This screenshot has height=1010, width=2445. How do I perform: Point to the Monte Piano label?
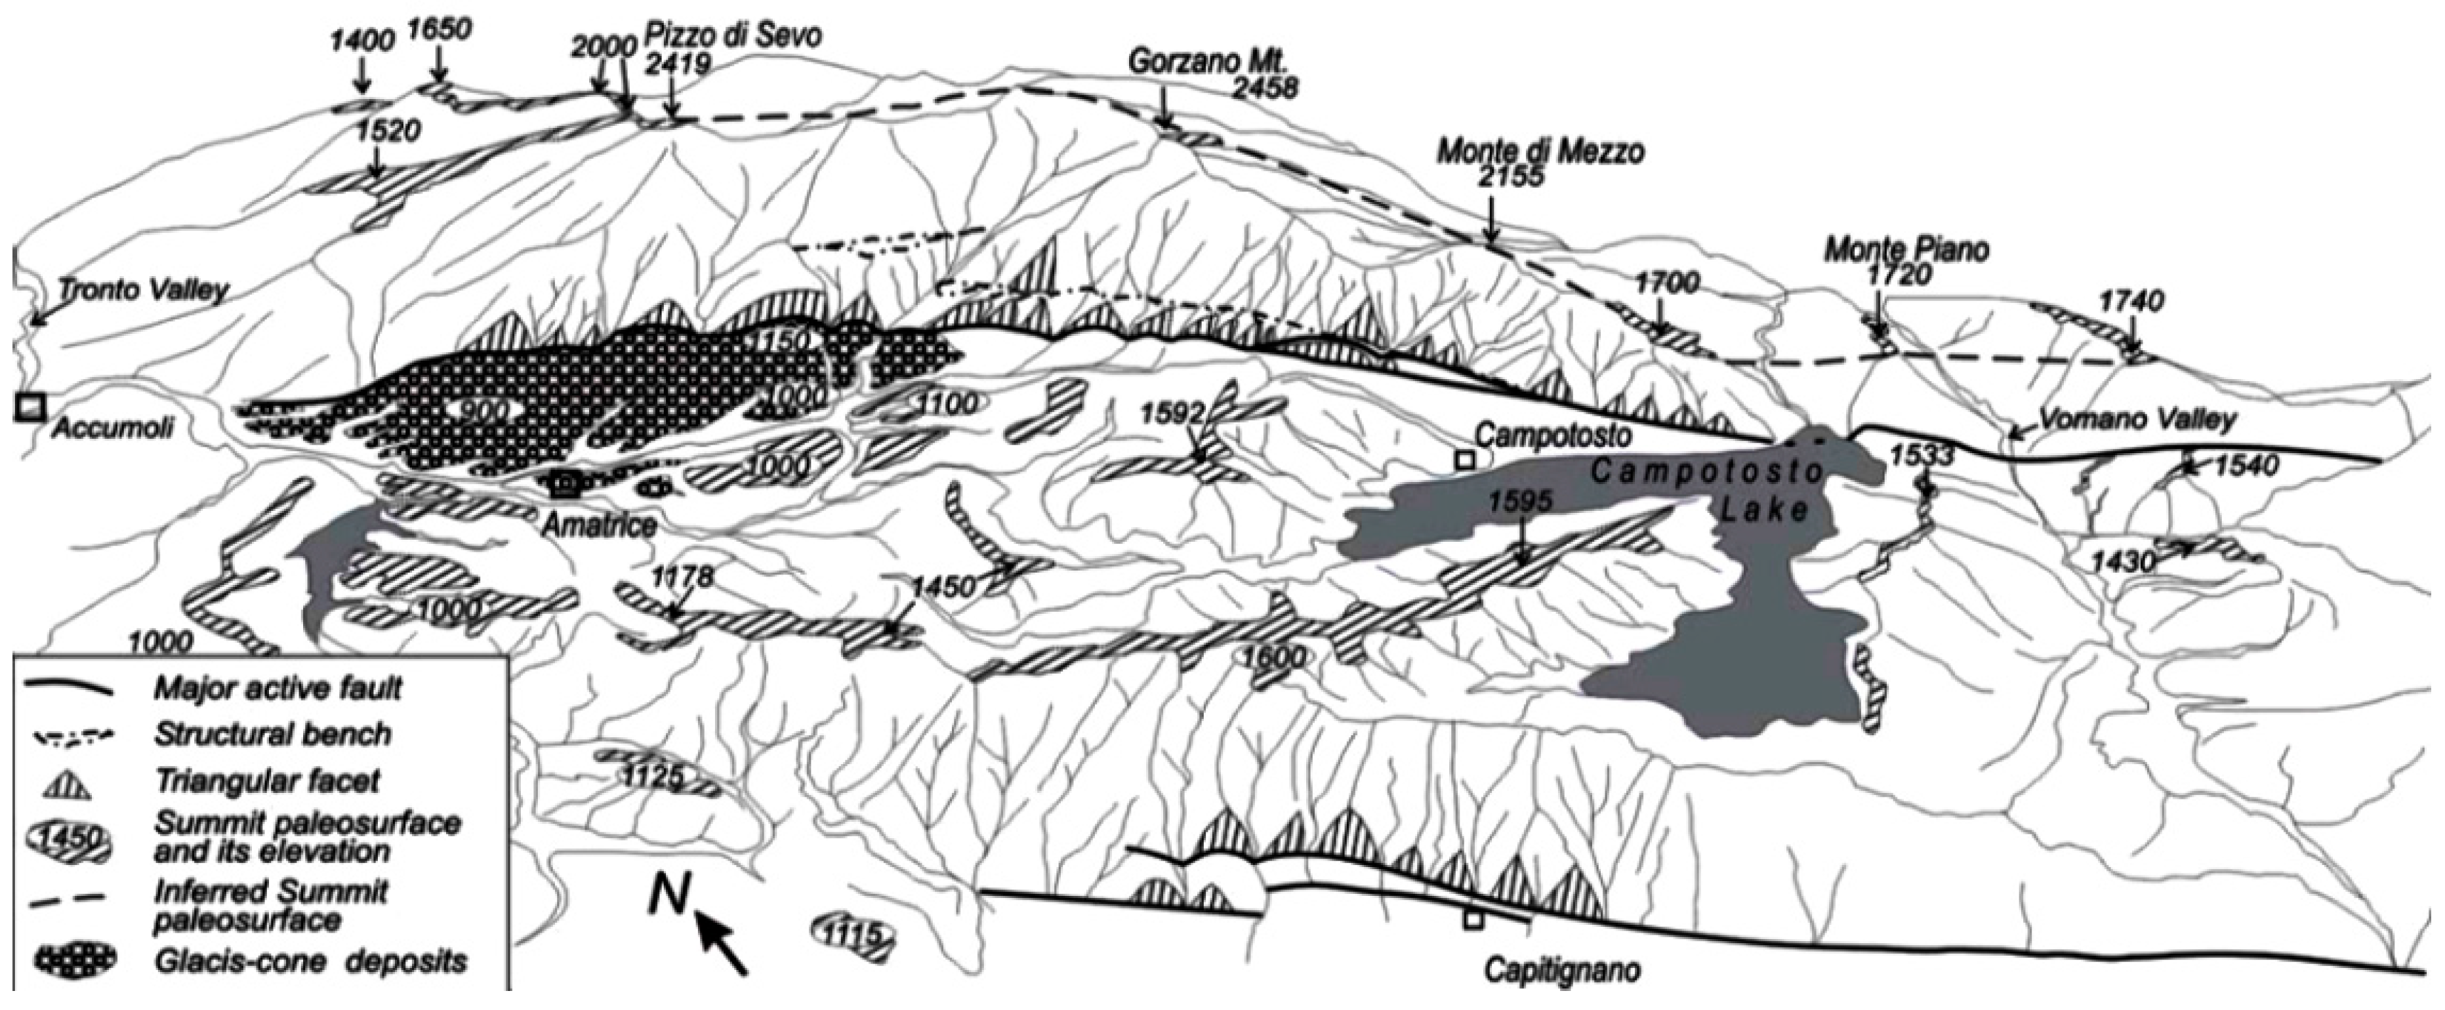pos(1906,251)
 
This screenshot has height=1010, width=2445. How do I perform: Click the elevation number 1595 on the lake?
pos(1521,501)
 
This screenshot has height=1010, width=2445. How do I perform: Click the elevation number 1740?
pos(2130,302)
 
